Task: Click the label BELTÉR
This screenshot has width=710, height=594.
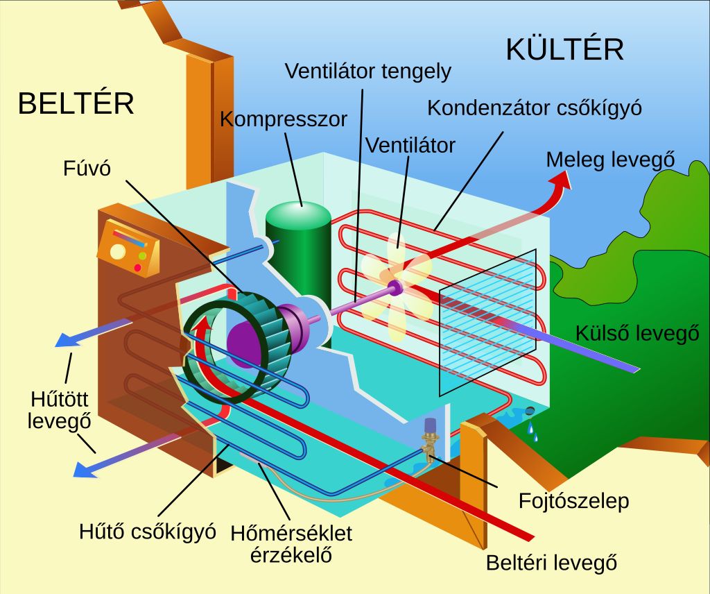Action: coord(76,104)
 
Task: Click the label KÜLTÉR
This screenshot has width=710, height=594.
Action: coord(564,49)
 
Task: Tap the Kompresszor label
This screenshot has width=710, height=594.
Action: coord(283,119)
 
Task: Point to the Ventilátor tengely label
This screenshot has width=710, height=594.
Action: coord(368,71)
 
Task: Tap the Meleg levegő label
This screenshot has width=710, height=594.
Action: coord(610,159)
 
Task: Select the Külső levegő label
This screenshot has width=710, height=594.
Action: coord(637,333)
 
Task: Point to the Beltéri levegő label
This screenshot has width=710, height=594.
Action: coord(551,562)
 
